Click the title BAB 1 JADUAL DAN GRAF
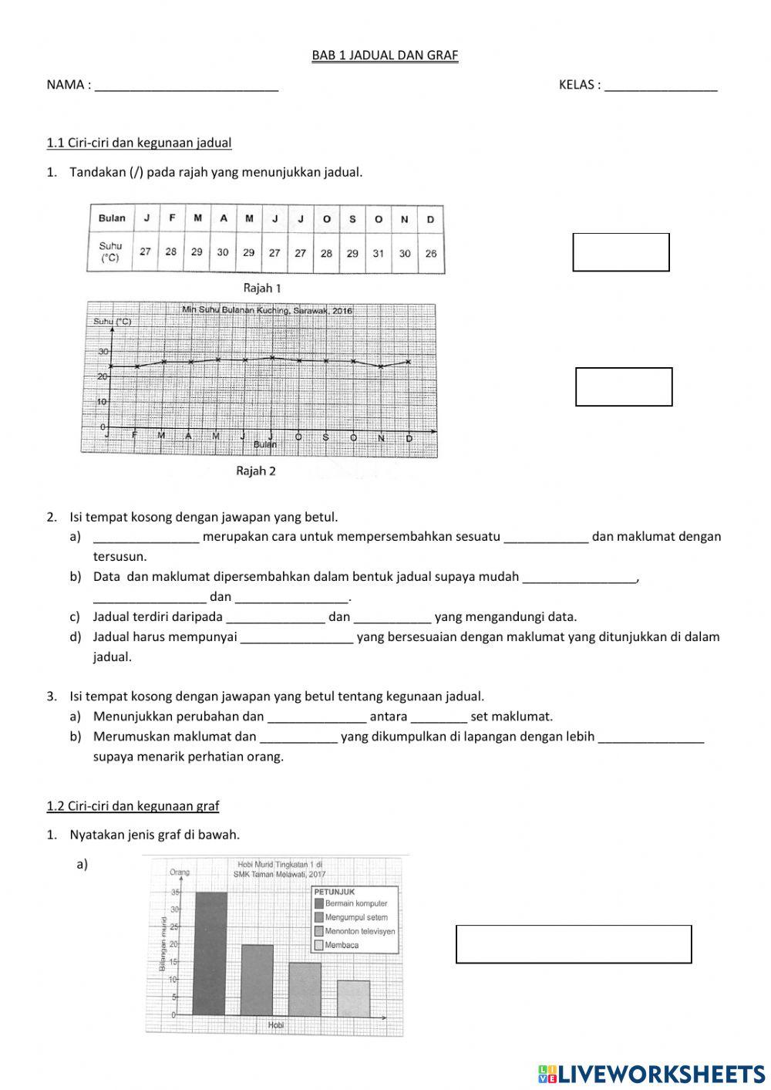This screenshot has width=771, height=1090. [385, 56]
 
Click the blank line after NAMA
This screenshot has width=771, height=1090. [186, 86]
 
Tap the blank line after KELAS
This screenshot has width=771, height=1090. [661, 86]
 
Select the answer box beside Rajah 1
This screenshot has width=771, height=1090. [621, 252]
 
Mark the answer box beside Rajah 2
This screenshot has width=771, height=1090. [624, 386]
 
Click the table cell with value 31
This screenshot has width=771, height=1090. [378, 253]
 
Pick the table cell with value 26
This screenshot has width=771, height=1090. [430, 253]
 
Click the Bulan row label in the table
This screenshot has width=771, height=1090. [112, 218]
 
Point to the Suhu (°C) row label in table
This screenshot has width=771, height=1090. [111, 252]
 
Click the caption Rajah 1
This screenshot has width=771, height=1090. [262, 289]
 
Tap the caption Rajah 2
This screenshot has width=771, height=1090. [256, 471]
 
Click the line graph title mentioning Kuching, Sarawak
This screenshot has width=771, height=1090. [267, 310]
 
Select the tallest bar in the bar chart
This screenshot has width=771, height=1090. [210, 953]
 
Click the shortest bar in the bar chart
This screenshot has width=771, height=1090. [353, 997]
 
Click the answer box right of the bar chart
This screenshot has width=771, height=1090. [574, 944]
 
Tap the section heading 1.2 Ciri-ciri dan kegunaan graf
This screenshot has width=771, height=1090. [133, 806]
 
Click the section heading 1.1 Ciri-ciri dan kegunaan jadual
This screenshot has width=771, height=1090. [139, 143]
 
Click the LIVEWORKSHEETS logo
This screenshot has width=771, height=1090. [651, 1073]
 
